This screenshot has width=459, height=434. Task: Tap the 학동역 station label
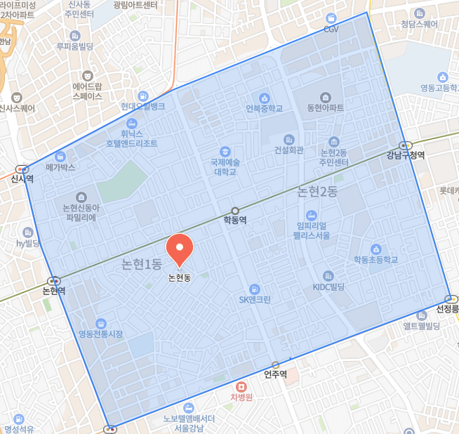tap(235, 220)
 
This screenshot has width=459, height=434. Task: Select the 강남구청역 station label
tap(406, 155)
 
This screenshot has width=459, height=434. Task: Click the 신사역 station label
tap(22, 178)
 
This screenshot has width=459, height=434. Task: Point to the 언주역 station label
tap(275, 374)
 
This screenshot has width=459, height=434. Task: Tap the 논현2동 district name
tap(317, 190)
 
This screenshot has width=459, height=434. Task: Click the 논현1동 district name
tap(142, 264)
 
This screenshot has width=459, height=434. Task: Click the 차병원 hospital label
tap(241, 397)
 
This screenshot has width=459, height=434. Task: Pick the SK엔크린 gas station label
tap(255, 298)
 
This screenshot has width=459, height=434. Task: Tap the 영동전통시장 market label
tap(100, 334)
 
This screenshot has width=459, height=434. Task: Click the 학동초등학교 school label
tap(375, 260)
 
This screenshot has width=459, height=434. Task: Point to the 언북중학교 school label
tap(265, 109)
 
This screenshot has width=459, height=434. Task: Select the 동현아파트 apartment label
tap(326, 109)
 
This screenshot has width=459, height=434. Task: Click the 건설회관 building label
tap(288, 150)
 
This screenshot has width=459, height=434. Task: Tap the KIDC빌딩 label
tap(328, 287)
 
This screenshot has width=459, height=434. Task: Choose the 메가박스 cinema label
tap(60, 167)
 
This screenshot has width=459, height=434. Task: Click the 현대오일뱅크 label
tap(142, 106)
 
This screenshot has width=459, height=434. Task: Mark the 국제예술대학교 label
tap(225, 166)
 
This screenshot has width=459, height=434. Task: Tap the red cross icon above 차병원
tap(241, 386)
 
